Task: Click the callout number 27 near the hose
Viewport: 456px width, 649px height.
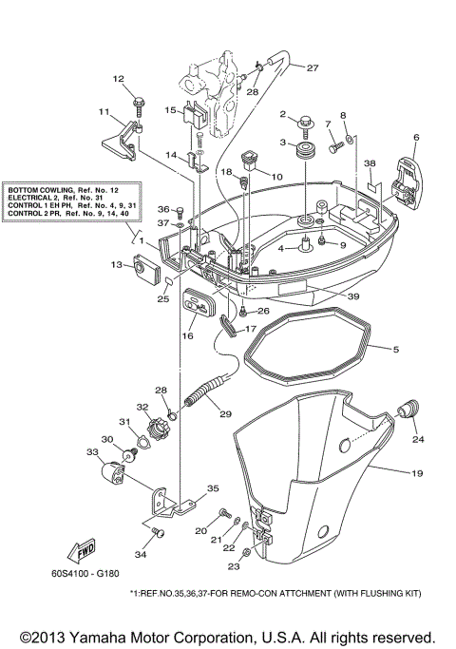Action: pyautogui.click(x=313, y=67)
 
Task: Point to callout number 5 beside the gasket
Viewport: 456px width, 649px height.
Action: pyautogui.click(x=396, y=349)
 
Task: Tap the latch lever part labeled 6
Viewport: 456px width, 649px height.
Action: pyautogui.click(x=407, y=181)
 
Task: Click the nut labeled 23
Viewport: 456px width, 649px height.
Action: pyautogui.click(x=247, y=552)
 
